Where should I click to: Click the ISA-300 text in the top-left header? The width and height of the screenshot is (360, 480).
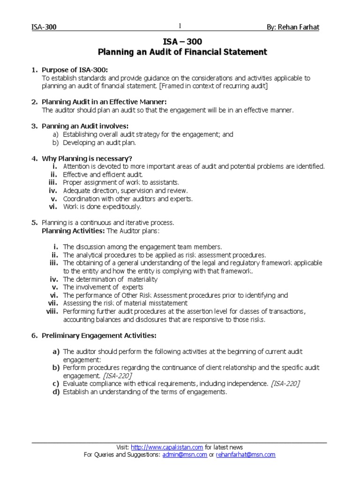point(43,27)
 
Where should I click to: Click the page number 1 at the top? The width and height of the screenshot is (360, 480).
point(179,26)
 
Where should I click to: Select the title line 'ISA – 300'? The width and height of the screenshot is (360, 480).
point(182,42)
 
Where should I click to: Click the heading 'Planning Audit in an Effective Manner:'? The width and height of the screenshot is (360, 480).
point(104,102)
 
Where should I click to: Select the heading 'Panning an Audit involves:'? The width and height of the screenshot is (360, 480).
point(85,126)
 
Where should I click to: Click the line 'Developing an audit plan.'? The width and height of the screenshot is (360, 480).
point(99,142)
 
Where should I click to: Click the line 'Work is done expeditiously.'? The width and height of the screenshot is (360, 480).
point(102,206)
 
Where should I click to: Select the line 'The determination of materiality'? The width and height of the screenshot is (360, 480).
point(110,279)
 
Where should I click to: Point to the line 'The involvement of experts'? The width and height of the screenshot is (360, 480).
point(103,287)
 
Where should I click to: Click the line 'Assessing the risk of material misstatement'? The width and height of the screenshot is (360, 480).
point(125,303)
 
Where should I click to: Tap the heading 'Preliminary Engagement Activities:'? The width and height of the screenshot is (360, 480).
point(99,336)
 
